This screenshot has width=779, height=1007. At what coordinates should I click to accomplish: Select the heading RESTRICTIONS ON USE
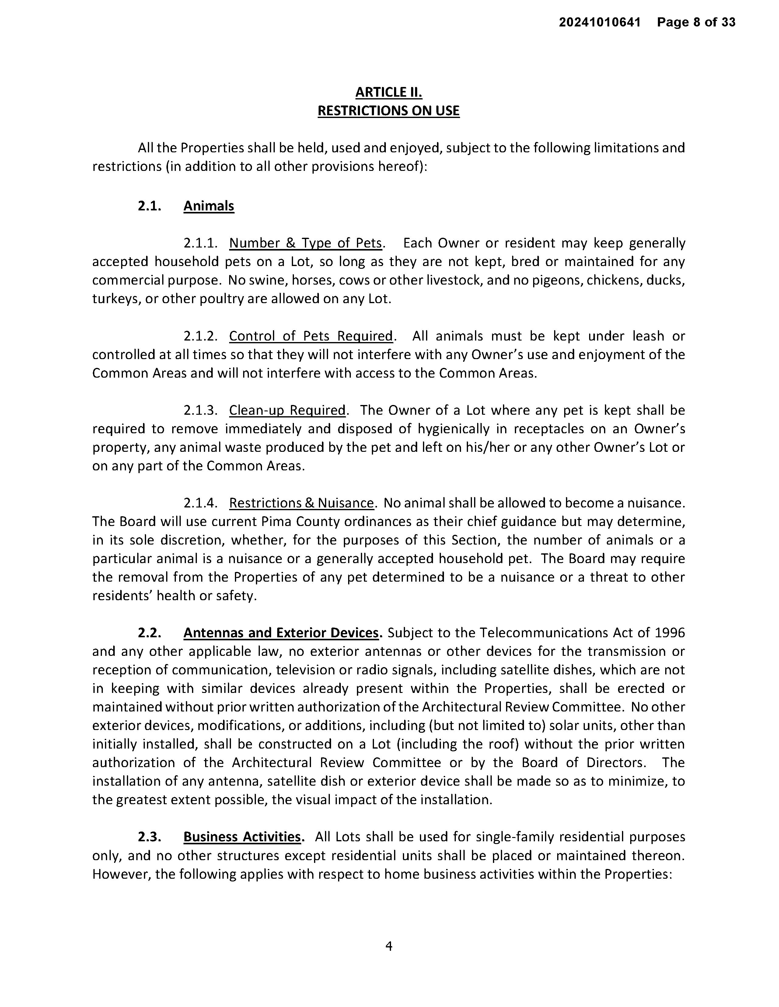point(389,111)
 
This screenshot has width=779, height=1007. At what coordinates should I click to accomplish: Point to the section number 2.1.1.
point(200,243)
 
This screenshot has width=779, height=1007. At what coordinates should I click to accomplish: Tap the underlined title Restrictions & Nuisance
point(301,503)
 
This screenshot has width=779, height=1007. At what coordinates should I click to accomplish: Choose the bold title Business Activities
point(242,836)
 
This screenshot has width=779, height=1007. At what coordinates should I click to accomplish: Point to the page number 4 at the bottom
point(389,946)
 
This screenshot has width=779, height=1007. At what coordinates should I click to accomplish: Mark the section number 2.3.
point(149,836)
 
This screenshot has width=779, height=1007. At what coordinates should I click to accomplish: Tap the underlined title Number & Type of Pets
point(306,243)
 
